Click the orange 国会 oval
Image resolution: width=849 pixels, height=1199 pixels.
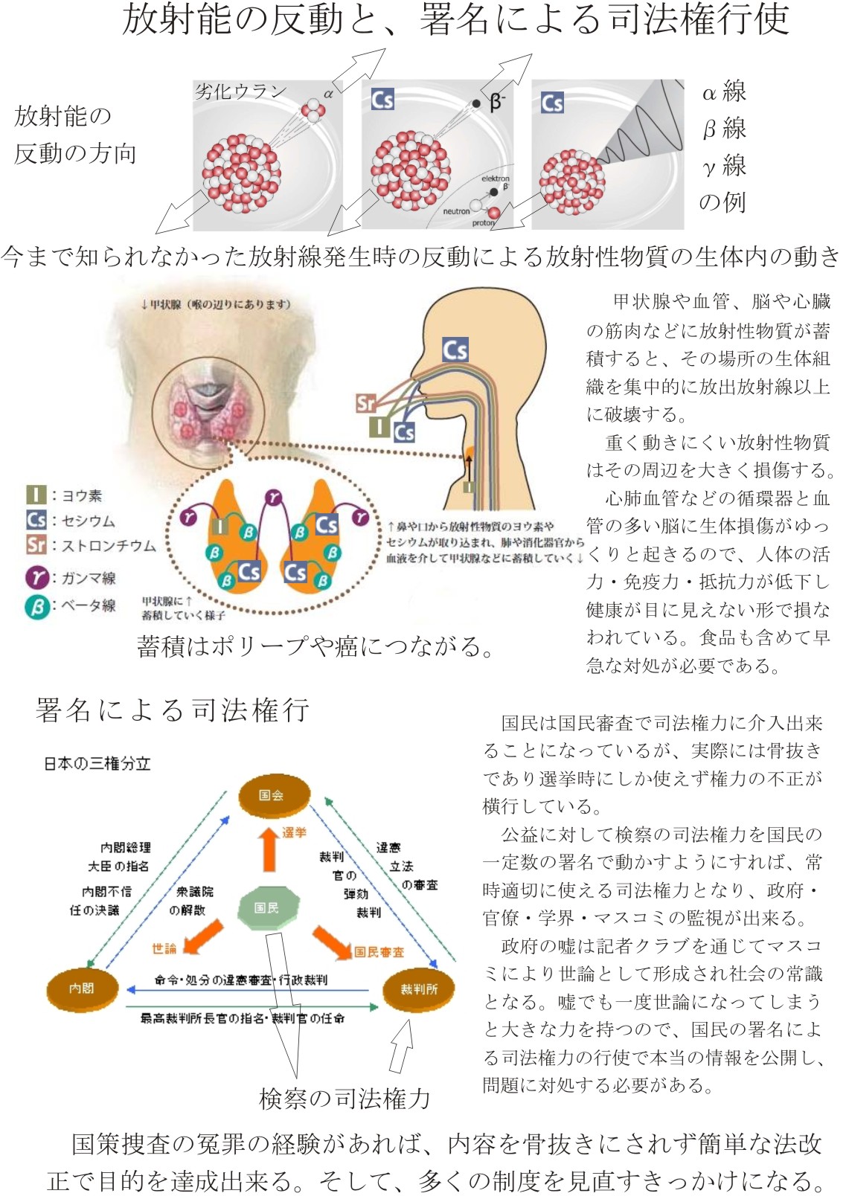point(272,795)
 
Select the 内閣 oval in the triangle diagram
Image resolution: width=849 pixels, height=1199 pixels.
point(82,989)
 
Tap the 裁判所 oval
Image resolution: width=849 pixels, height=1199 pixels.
point(418,989)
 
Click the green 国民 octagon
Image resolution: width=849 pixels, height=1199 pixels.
point(268,907)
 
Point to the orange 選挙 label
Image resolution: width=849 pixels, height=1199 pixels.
point(294,832)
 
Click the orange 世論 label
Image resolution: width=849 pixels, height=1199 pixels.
point(164,948)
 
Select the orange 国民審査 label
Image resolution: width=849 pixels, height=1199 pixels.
point(379,952)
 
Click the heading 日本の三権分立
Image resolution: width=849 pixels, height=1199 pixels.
point(97,764)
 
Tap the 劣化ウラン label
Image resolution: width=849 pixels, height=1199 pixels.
point(240,91)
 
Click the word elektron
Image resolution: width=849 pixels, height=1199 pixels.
point(495,179)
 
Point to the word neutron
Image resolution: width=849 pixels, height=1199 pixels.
point(456,211)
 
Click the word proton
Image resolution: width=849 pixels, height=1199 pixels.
point(483,223)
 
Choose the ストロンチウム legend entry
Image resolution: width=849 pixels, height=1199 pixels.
point(92,545)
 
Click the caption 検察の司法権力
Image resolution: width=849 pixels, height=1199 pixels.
point(345,1098)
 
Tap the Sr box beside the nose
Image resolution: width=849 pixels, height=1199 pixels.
point(365,404)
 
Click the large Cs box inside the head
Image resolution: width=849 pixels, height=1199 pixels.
point(455,350)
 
